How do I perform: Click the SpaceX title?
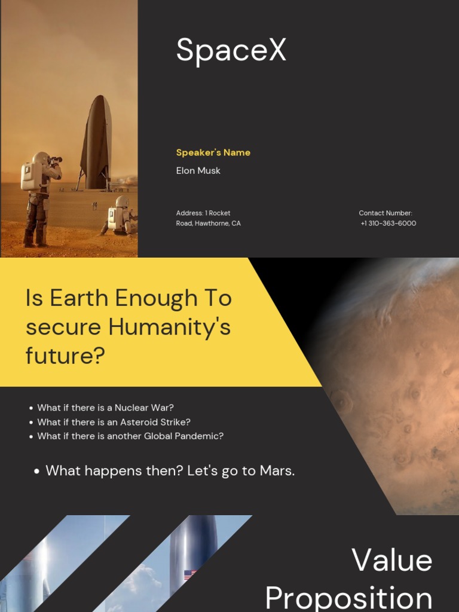231,50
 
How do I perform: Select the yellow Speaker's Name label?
213,152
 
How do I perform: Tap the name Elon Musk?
198,171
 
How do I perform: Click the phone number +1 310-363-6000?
388,224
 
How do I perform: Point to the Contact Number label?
385,213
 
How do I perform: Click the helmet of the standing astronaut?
41,158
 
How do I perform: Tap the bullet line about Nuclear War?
105,408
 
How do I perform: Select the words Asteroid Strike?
155,422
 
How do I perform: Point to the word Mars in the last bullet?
277,471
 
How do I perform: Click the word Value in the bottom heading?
391,561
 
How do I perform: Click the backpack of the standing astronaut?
28,176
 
